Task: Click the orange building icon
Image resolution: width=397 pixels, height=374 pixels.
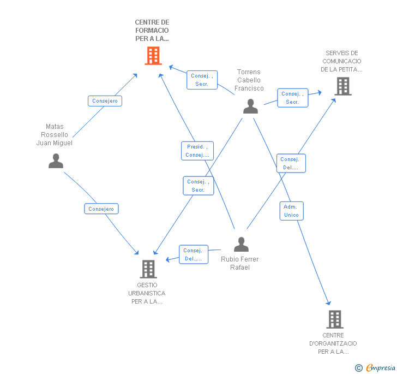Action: pyautogui.click(x=153, y=56)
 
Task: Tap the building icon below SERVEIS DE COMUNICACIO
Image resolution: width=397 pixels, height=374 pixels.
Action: pyautogui.click(x=343, y=86)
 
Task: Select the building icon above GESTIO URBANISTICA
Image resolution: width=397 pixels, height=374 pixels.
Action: pyautogui.click(x=148, y=269)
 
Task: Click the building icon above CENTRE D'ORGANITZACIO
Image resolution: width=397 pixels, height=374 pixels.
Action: pyautogui.click(x=335, y=319)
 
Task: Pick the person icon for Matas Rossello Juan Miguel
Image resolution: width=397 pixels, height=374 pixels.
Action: pyautogui.click(x=56, y=161)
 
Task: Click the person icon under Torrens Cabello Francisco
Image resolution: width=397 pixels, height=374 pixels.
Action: pyautogui.click(x=250, y=106)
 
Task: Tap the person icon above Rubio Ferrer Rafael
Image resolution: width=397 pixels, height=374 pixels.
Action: pyautogui.click(x=241, y=244)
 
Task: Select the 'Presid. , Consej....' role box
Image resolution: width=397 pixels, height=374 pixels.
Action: pyautogui.click(x=197, y=151)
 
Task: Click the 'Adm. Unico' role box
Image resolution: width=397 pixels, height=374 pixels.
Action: pyautogui.click(x=291, y=211)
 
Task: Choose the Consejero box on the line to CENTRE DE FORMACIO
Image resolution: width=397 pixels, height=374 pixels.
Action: pyautogui.click(x=105, y=101)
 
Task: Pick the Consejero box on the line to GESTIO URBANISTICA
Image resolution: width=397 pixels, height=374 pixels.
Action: pyautogui.click(x=101, y=209)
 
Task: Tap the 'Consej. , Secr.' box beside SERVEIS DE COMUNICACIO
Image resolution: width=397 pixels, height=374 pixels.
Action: pyautogui.click(x=293, y=98)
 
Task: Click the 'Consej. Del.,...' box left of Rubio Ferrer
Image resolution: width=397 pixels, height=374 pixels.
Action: pyautogui.click(x=194, y=254)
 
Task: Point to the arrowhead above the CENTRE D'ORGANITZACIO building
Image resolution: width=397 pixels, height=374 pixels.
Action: pyautogui.click(x=328, y=303)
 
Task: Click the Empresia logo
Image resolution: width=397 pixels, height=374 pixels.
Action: pyautogui.click(x=375, y=367)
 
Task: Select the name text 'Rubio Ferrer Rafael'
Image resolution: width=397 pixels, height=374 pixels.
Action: pyautogui.click(x=240, y=263)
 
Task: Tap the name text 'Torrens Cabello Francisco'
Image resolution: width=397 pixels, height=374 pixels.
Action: pyautogui.click(x=249, y=80)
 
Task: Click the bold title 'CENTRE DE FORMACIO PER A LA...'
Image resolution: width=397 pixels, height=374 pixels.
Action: pyautogui.click(x=152, y=31)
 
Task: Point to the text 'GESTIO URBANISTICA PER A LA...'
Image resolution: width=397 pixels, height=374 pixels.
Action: pyautogui.click(x=147, y=293)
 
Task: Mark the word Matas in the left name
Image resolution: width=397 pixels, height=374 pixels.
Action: pyautogui.click(x=55, y=127)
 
